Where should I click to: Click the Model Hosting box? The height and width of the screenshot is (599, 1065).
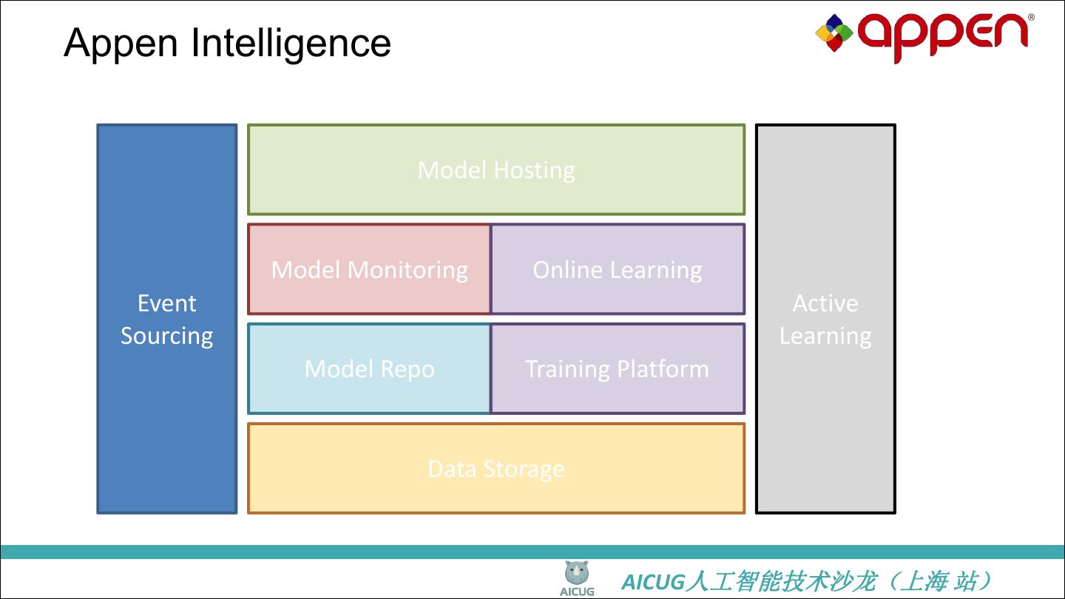496,170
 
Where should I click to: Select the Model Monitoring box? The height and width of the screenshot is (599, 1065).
369,269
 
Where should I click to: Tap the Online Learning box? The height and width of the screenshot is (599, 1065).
618,269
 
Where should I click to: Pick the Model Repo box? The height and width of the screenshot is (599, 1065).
369,368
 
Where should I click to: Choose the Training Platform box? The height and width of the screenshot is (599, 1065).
618,368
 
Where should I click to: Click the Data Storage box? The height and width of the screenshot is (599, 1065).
496,468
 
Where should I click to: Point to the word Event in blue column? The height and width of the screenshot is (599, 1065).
167,303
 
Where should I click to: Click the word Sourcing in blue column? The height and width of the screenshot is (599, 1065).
167,336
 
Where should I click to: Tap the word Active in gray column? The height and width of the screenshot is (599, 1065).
825,303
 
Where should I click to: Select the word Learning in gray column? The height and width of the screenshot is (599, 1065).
825,336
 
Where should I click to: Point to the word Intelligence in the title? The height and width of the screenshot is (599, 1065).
291,43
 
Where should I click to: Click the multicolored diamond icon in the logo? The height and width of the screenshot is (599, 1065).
834,33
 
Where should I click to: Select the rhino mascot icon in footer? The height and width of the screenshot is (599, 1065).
577,572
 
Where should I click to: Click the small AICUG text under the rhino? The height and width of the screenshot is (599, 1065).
577,592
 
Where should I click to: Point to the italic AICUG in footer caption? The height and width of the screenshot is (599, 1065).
653,582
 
